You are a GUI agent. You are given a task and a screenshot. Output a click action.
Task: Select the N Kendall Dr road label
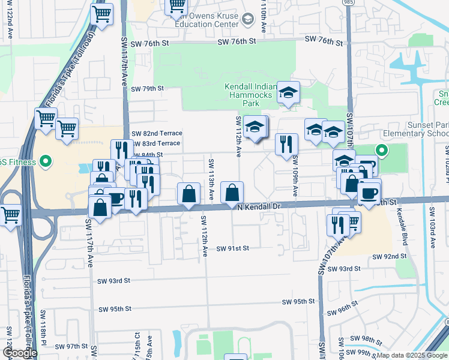(x=259, y=206)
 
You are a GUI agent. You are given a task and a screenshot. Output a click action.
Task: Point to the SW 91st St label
(x=232, y=248)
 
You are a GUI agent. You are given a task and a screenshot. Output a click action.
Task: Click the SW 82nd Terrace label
(x=157, y=133)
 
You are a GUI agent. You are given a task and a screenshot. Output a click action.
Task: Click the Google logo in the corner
(x=20, y=353)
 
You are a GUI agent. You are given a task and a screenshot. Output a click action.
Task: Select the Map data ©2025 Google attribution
(x=411, y=355)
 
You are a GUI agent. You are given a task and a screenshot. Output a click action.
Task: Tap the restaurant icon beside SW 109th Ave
(x=287, y=144)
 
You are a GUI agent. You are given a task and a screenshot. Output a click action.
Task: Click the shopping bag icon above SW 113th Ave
(x=188, y=194)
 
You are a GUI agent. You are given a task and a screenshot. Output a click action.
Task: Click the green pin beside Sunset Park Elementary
(x=381, y=150)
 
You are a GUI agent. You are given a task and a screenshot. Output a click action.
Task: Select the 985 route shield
(x=349, y=2)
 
